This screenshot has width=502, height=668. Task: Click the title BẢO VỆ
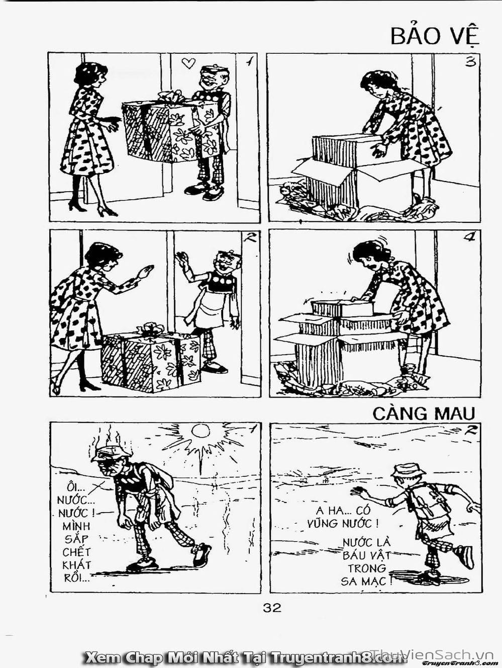435,36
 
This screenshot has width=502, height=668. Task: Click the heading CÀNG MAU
424,413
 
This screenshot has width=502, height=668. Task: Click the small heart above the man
188,63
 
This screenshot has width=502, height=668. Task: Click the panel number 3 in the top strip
470,63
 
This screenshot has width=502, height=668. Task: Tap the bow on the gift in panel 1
171,96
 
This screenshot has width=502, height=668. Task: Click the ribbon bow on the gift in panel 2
151,330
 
